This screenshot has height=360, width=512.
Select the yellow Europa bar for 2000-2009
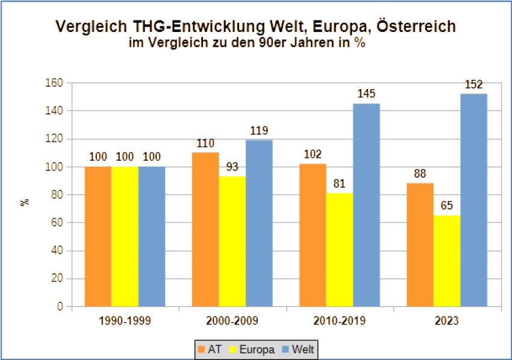coord(232,241)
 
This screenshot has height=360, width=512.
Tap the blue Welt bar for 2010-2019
coord(366,205)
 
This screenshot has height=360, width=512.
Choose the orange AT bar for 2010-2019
coord(313,235)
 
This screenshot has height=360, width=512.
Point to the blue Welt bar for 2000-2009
coord(258,223)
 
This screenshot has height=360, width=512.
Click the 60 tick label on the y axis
coord(58,223)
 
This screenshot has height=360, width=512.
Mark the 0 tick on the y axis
coord(60,306)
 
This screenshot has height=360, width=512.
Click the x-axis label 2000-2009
coord(232,320)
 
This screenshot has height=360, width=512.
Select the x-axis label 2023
coord(446,320)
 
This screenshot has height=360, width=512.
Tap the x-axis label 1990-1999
coord(125,320)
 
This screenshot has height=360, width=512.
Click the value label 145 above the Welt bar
coord(366,94)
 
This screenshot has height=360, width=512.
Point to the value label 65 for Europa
coord(446,206)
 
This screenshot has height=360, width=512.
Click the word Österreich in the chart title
coord(414,26)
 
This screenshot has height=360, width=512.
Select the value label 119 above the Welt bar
coord(258,130)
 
